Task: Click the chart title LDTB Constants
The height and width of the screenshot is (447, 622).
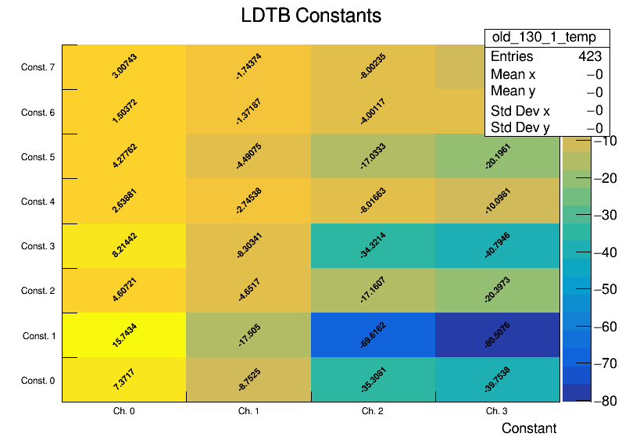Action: (311, 16)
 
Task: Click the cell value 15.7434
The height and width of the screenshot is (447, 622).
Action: (124, 335)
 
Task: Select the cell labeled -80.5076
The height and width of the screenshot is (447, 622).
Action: (498, 335)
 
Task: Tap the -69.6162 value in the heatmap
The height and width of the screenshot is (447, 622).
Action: (374, 335)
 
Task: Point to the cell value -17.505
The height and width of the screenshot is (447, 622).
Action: (248, 335)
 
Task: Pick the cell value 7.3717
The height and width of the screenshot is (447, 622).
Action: (124, 380)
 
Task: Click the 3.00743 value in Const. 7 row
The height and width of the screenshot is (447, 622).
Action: (124, 66)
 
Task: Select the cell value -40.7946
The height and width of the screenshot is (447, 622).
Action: (498, 246)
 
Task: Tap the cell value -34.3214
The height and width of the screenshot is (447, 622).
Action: (374, 246)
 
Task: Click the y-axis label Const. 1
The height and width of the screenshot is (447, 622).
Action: (38, 336)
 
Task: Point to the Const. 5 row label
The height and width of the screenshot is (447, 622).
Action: (38, 157)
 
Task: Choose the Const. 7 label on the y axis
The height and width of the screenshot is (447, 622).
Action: (38, 68)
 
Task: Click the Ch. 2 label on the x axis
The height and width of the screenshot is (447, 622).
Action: (374, 410)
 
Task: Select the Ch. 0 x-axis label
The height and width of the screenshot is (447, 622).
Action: (124, 410)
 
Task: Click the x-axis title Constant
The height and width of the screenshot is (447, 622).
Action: (529, 428)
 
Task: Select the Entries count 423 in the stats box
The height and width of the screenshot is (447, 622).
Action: (590, 56)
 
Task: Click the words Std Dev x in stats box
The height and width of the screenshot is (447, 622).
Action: (520, 110)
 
